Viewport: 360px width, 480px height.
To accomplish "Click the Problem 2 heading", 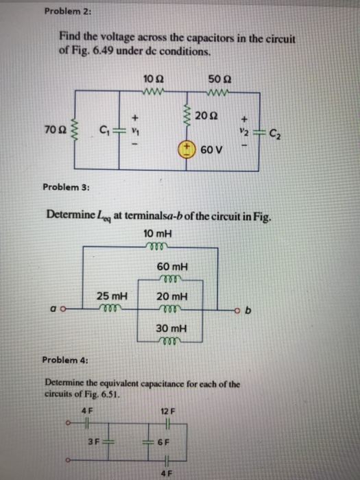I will click(x=62, y=11).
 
